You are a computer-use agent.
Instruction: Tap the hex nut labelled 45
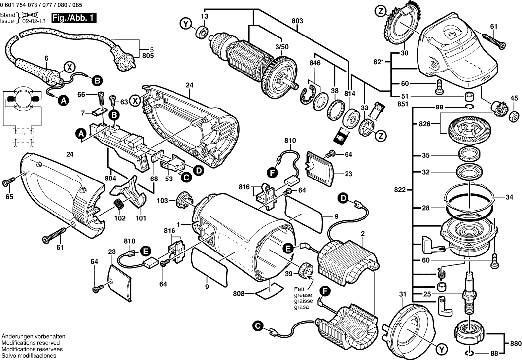513,115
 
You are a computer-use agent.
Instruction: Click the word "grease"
301,294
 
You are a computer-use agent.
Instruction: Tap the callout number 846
314,63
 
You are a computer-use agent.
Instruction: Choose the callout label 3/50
282,46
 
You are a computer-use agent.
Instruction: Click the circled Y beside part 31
440,349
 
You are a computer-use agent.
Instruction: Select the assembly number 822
400,190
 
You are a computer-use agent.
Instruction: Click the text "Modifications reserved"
31,342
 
